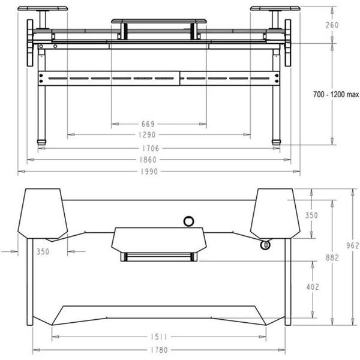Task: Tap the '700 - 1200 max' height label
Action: coord(335,94)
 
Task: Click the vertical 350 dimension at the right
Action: coord(313,215)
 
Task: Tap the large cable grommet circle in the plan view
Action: coord(188,221)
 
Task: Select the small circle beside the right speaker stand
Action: coord(264,244)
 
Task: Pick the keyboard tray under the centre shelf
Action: coord(158,257)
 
